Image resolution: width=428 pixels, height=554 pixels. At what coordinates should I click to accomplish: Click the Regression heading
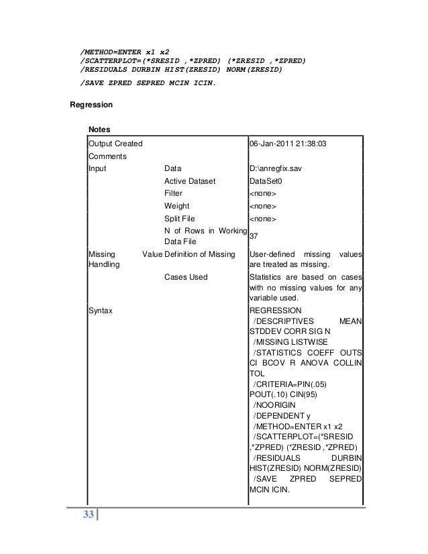(x=92, y=105)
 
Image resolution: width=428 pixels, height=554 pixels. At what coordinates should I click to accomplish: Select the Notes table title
(x=99, y=128)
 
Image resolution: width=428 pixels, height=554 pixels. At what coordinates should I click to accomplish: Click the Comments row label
(x=108, y=156)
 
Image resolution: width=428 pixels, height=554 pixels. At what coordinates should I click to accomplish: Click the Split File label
(x=179, y=219)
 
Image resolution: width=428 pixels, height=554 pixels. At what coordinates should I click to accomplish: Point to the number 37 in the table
(x=254, y=236)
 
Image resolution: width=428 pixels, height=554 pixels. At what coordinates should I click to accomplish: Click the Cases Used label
(x=186, y=277)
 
